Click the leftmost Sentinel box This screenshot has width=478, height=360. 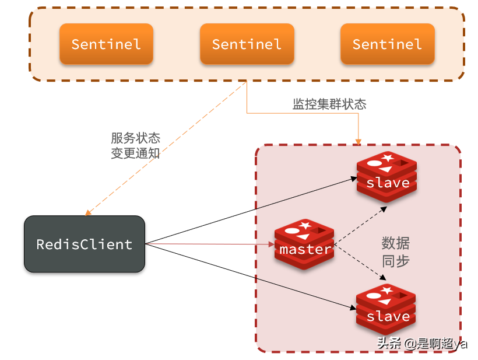click(106, 44)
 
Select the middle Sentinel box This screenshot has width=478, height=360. click(247, 44)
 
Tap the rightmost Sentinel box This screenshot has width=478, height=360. click(387, 44)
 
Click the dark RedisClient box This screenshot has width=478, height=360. click(84, 244)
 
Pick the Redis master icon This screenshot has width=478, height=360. click(304, 244)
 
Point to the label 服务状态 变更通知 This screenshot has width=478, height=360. click(135, 146)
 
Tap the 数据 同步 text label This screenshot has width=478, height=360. click(395, 251)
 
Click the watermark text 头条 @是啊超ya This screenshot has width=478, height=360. click(421, 343)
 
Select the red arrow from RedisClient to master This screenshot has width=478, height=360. click(210, 244)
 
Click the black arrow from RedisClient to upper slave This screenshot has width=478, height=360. click(251, 211)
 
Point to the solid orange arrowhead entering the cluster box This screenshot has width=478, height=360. click(358, 141)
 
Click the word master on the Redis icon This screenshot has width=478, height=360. click(305, 250)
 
